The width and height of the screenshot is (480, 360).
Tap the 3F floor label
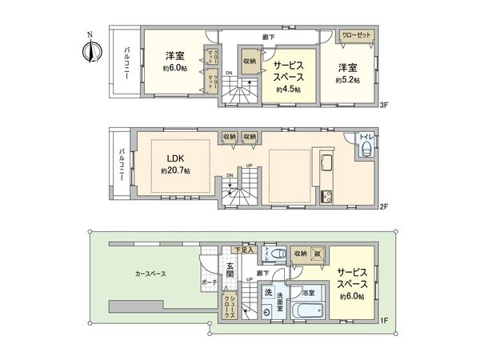click(x=384, y=105)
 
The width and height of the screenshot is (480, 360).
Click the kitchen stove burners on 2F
click(x=326, y=197)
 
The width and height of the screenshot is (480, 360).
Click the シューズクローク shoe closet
click(x=229, y=304)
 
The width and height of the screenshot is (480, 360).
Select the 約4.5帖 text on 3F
click(x=288, y=90)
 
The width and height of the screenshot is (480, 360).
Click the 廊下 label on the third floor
click(x=269, y=37)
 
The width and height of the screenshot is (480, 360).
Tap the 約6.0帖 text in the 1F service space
click(x=350, y=297)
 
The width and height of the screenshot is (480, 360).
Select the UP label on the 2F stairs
click(x=249, y=167)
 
